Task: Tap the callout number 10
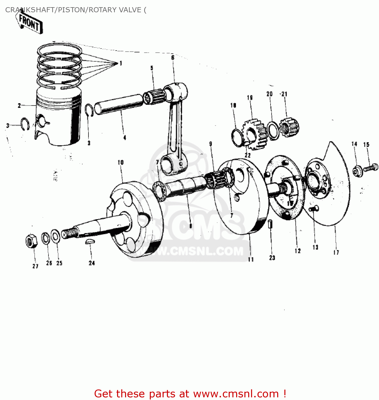click(120, 162)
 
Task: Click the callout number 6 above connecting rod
click(173, 58)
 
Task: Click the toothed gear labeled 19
click(255, 134)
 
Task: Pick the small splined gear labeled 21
click(289, 127)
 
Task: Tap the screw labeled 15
click(371, 168)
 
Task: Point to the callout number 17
click(336, 252)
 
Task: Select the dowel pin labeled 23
click(270, 224)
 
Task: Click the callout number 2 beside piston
click(19, 106)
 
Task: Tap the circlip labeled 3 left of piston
click(25, 124)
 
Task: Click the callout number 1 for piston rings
click(120, 63)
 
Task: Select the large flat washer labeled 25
click(55, 236)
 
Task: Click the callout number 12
click(298, 251)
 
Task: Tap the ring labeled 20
click(273, 131)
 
